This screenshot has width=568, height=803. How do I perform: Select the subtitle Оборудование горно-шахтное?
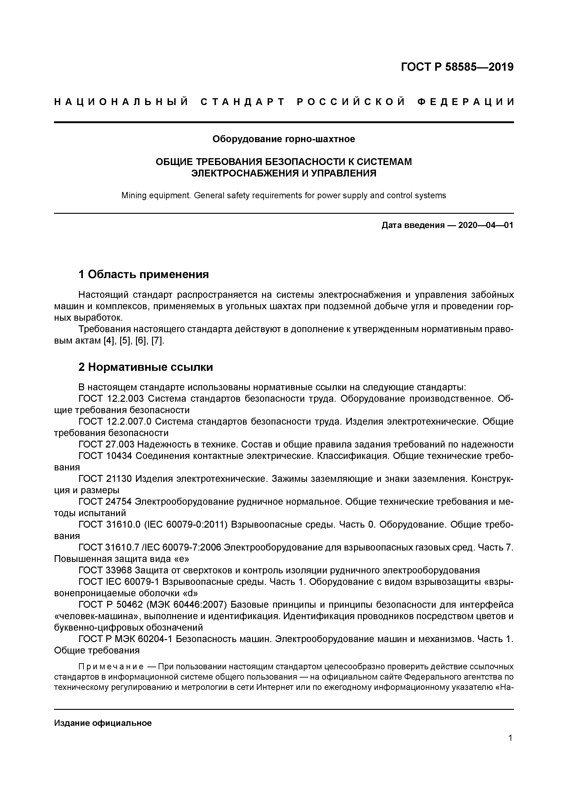click(x=284, y=139)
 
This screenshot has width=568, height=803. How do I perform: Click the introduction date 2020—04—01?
click(x=485, y=225)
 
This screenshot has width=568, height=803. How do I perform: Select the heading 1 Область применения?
click(x=143, y=274)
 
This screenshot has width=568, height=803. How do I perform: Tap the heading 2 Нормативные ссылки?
click(x=146, y=367)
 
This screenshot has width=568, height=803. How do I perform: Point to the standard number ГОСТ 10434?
click(x=105, y=456)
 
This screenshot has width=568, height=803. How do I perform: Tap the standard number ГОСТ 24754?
click(x=105, y=502)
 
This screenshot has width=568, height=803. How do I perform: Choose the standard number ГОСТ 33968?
click(x=105, y=570)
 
